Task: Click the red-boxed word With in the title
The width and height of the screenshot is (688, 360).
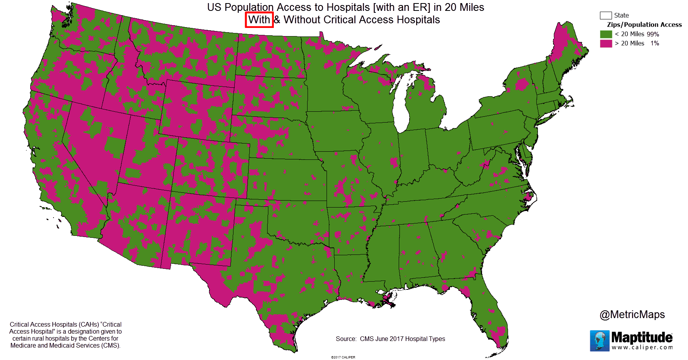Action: pyautogui.click(x=259, y=20)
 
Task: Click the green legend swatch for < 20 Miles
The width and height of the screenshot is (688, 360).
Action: pyautogui.click(x=606, y=34)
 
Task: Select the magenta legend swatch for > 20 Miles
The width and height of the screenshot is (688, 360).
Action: pyautogui.click(x=606, y=43)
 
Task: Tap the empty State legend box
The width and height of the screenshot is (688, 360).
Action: pyautogui.click(x=605, y=16)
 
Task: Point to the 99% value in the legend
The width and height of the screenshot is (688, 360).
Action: pyautogui.click(x=653, y=34)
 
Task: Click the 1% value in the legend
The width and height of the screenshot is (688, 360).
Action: pyautogui.click(x=655, y=43)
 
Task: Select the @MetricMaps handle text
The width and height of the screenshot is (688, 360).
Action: pyautogui.click(x=632, y=314)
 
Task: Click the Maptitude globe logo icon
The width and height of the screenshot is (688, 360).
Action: pyautogui.click(x=600, y=341)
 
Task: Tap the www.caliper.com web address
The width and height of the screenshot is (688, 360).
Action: pyautogui.click(x=642, y=347)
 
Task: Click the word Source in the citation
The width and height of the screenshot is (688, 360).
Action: pyautogui.click(x=346, y=339)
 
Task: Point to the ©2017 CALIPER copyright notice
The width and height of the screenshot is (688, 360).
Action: pyautogui.click(x=343, y=357)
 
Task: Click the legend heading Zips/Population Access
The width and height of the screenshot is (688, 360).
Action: pyautogui.click(x=644, y=24)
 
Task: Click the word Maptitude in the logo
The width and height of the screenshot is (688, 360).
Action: pyautogui.click(x=641, y=337)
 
